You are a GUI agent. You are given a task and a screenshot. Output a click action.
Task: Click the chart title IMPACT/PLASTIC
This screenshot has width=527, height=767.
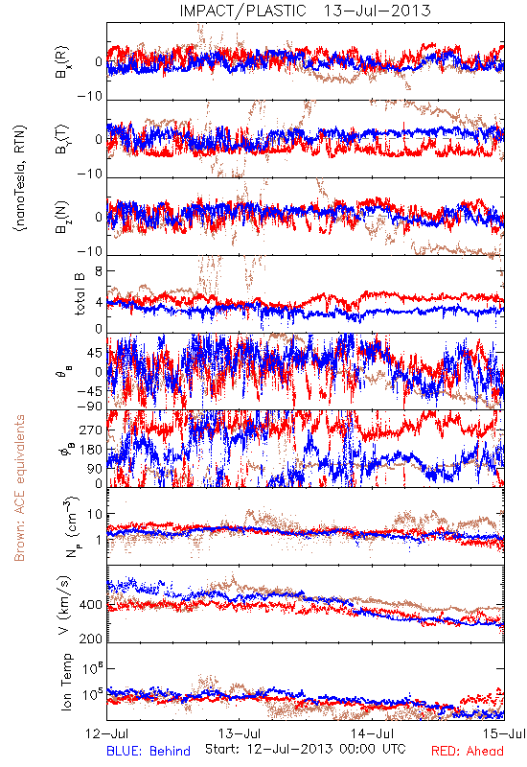tap(242, 11)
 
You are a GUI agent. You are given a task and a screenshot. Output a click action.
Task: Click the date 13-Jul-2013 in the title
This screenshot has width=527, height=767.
tap(377, 11)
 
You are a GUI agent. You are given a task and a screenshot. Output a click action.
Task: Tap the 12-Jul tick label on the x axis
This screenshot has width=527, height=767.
tap(107, 733)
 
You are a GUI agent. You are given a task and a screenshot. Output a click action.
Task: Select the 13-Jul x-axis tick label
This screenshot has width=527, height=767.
tap(240, 733)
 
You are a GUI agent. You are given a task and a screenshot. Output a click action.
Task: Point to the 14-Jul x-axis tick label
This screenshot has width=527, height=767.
tap(373, 733)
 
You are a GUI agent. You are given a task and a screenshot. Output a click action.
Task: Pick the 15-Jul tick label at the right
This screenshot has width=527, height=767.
tap(504, 733)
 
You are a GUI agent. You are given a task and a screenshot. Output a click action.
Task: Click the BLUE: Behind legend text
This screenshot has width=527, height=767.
tap(149, 751)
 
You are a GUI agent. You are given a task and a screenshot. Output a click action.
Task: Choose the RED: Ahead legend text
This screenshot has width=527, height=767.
tap(468, 751)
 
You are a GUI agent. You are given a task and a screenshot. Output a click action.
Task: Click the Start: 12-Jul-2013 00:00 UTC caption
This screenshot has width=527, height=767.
tap(305, 749)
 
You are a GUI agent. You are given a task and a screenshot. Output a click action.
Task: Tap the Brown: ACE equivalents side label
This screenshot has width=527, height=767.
tap(19, 488)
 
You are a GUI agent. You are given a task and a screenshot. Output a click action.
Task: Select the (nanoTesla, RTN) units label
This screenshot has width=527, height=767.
tap(20, 177)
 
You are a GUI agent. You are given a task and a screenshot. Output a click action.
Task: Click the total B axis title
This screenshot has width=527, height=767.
tap(80, 294)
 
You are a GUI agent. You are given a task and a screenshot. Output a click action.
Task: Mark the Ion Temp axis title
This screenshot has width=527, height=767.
tap(66, 682)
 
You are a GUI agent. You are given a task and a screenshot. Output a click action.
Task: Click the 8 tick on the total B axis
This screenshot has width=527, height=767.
tap(99, 271)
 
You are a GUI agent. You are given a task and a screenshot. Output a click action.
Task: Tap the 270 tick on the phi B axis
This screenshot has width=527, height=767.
tap(91, 430)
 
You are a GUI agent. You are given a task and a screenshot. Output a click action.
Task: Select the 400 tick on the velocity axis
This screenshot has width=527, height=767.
tap(91, 605)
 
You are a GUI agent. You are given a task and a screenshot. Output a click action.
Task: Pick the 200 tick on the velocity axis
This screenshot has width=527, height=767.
tap(91, 639)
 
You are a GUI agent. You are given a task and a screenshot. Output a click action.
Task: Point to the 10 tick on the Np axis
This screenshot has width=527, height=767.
tap(95, 514)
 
